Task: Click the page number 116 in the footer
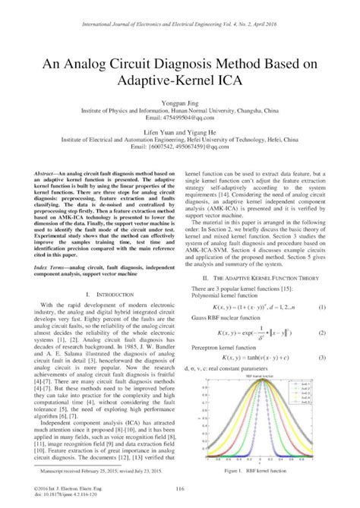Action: point(180,487)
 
